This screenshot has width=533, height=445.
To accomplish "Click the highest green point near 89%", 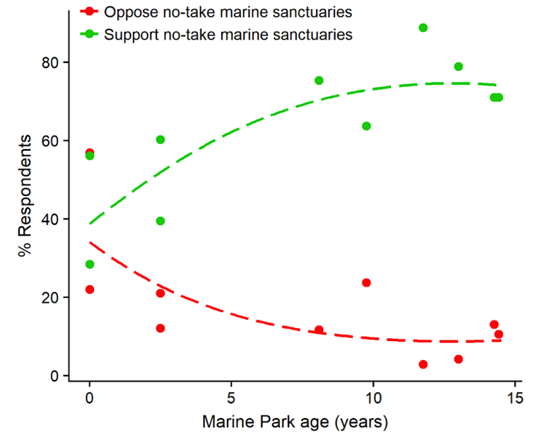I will (x=423, y=28).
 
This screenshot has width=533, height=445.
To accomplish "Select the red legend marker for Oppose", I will (x=90, y=11).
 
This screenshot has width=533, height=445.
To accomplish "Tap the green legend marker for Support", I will (x=90, y=34).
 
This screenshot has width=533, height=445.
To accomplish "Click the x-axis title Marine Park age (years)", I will (x=295, y=423).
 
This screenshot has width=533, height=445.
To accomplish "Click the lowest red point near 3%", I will (x=423, y=364).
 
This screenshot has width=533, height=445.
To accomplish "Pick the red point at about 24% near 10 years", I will (x=366, y=282).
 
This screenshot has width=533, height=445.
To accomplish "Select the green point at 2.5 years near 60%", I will (x=160, y=140).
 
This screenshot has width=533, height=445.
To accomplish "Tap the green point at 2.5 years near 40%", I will (x=160, y=221).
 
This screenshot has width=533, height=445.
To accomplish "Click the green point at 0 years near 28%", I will (x=89, y=264).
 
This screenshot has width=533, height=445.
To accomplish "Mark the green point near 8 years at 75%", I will (x=319, y=81).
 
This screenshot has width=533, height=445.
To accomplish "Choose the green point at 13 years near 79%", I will (x=458, y=67).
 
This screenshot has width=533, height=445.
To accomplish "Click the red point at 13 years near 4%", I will (x=458, y=359).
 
